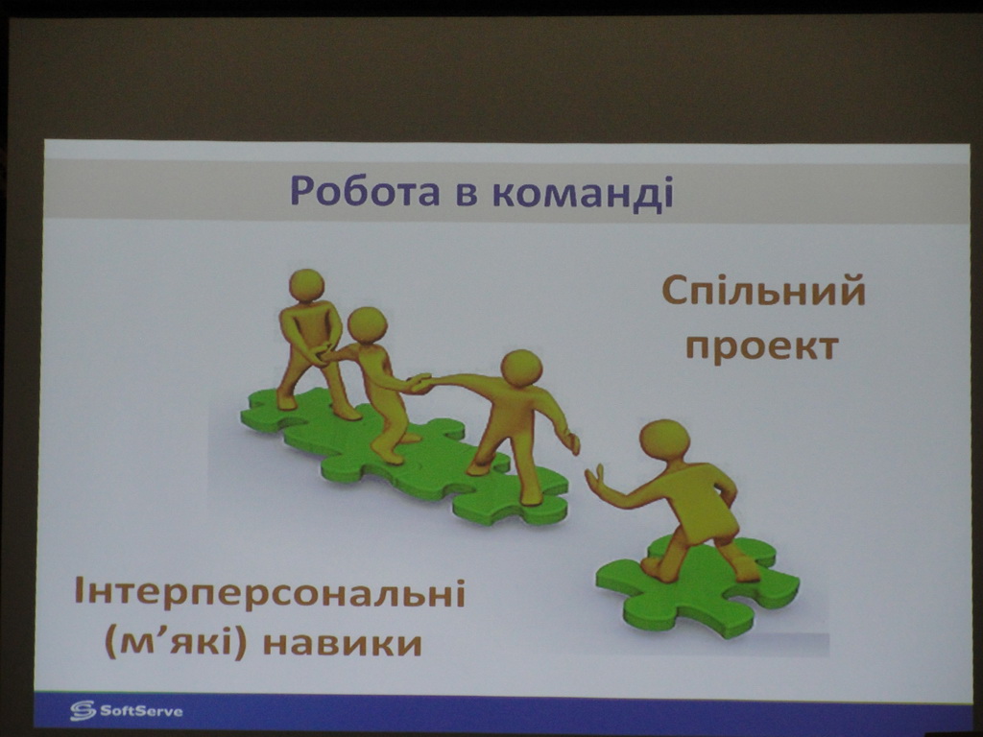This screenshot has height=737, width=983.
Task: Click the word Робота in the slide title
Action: click(x=365, y=191)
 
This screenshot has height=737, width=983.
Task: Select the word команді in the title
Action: click(x=583, y=192)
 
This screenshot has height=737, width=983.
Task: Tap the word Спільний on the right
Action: click(x=763, y=292)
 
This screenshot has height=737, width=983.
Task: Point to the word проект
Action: click(x=762, y=346)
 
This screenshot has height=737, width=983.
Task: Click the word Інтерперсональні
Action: click(x=270, y=591)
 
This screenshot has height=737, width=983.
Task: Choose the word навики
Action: click(x=343, y=644)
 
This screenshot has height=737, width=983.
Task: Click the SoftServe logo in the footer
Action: click(x=127, y=711)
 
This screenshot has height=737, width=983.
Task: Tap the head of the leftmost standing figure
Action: click(x=306, y=285)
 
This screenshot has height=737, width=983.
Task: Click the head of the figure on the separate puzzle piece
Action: click(x=664, y=440)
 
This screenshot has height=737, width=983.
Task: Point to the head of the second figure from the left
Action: click(x=368, y=325)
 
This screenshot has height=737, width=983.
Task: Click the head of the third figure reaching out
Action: click(x=521, y=368)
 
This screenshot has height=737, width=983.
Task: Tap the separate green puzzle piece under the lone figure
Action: click(x=698, y=586)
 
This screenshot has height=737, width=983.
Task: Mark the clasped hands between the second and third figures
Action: click(x=420, y=383)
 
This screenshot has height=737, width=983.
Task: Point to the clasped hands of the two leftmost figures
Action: click(x=323, y=355)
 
